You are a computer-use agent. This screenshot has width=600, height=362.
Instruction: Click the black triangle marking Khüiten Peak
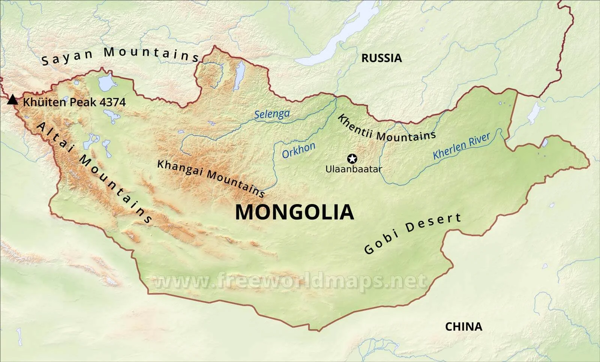pyautogui.click(x=13, y=100)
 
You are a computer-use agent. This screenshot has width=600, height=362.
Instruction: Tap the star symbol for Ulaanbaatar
pyautogui.click(x=352, y=158)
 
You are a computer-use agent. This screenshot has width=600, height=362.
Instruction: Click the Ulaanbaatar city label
pyautogui.click(x=353, y=169)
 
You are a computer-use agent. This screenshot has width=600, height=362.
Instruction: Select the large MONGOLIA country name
pyautogui.click(x=294, y=212)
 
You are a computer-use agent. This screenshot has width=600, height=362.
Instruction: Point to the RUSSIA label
pyautogui.click(x=381, y=58)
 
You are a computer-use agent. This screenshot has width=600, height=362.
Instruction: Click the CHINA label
pyautogui.click(x=463, y=327)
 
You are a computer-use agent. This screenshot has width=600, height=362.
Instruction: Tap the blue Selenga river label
pyautogui.click(x=272, y=114)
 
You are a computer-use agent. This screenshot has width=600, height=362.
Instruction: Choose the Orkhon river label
pyautogui.click(x=298, y=150)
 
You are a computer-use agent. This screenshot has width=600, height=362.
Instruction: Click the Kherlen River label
pyautogui.click(x=461, y=146)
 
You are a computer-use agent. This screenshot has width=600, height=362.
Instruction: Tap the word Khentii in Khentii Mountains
pyautogui.click(x=355, y=127)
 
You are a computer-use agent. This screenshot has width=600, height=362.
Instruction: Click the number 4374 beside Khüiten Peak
pyautogui.click(x=113, y=102)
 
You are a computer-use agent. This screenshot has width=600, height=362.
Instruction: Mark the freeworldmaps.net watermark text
pyautogui.click(x=289, y=281)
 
